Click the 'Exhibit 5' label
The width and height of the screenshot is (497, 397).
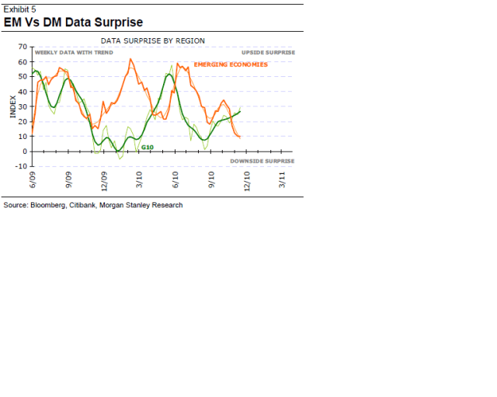coord(20,9)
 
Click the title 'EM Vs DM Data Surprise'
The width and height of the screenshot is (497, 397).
coord(74,22)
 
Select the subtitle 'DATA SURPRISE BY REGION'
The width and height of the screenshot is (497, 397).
coord(153,40)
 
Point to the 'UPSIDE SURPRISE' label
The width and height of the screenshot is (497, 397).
coord(269,52)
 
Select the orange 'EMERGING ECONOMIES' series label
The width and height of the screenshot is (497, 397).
coord(231,64)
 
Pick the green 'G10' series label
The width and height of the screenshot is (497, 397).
coord(147,146)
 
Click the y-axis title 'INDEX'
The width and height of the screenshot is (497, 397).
coord(12,106)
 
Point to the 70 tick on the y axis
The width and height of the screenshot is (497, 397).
coord(23,47)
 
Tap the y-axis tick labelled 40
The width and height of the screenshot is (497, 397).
coord(23,92)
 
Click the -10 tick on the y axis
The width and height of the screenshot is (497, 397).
coord(22,166)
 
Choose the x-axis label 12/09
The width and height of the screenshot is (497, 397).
coord(105,182)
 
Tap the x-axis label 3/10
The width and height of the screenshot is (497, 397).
coord(140,180)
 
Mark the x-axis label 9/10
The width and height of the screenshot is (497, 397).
coord(211,180)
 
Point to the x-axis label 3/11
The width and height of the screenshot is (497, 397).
coord(283,180)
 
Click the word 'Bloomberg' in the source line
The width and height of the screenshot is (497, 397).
coord(47,205)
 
